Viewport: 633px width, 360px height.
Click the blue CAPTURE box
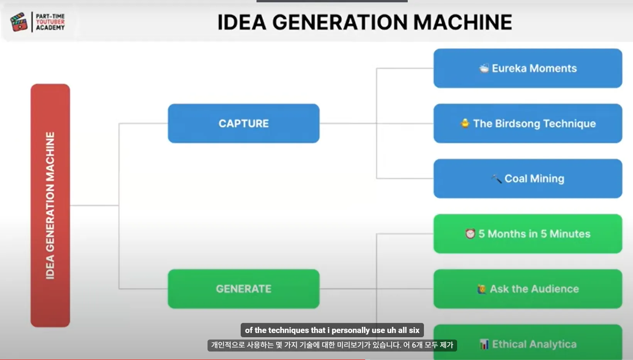[x=243, y=123]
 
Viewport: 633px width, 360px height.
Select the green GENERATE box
[x=243, y=289]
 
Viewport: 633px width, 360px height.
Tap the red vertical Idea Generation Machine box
[x=50, y=205]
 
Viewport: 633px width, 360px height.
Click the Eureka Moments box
[x=528, y=68]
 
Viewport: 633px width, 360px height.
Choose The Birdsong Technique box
[x=528, y=123]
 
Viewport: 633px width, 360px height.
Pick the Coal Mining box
[x=528, y=179]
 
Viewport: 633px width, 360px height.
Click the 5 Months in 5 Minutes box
[x=528, y=234]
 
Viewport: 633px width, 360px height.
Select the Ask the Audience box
[x=528, y=289]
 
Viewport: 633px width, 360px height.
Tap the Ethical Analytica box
[x=528, y=342]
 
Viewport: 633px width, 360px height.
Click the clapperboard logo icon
[x=19, y=22]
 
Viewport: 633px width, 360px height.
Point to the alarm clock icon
[x=470, y=234]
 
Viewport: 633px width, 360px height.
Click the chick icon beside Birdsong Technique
[x=465, y=123]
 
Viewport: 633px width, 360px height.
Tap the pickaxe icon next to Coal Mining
[x=496, y=179]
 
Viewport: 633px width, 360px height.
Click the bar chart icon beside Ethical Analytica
[x=484, y=344]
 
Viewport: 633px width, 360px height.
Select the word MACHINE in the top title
[x=463, y=22]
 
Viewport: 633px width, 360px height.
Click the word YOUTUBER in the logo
[x=50, y=22]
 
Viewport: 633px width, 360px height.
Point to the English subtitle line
[x=332, y=330]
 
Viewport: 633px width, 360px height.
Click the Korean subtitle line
[x=332, y=345]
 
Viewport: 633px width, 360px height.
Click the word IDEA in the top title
[x=242, y=22]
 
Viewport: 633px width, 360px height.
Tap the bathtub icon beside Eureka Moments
[x=484, y=68]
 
